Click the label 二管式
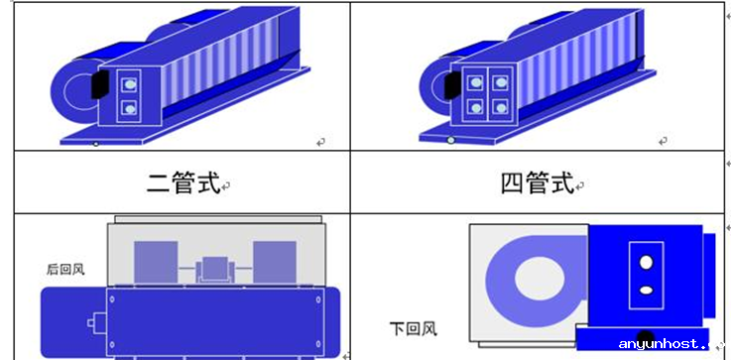(x=183, y=183)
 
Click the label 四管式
(x=537, y=183)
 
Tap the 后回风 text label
(x=65, y=270)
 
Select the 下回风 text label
(x=414, y=328)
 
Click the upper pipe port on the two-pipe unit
(x=130, y=84)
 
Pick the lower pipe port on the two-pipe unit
(x=130, y=109)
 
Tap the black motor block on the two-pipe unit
(x=100, y=84)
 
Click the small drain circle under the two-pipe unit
(x=95, y=144)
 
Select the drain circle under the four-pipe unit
(x=450, y=140)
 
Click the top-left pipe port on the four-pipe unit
(x=475, y=82)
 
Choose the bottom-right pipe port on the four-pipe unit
(x=501, y=108)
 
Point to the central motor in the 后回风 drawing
(x=215, y=270)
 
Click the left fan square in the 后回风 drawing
(x=156, y=262)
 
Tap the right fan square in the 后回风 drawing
(x=275, y=262)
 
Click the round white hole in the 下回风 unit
(x=646, y=263)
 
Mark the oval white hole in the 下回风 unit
(x=646, y=290)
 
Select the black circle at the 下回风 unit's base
(x=645, y=338)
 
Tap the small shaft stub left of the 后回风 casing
(x=96, y=322)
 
